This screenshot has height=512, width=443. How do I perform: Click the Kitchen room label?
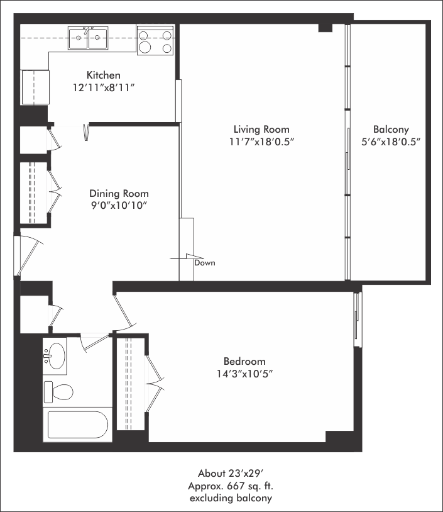[104, 75]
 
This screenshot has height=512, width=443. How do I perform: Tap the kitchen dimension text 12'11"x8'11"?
[104, 88]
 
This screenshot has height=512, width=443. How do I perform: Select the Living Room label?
[261, 130]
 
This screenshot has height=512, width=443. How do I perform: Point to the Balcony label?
[391, 130]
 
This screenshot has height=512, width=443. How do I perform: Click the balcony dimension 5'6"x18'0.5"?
[391, 142]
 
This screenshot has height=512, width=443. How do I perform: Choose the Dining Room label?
[119, 193]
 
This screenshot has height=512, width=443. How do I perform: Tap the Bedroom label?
[244, 361]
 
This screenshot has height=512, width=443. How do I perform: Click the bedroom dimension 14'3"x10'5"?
[244, 374]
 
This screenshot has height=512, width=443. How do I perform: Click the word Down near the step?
[205, 263]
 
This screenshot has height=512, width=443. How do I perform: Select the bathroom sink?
[55, 356]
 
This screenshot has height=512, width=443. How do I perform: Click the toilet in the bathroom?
[58, 392]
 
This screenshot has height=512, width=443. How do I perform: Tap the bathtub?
[78, 425]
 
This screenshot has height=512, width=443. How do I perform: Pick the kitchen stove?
[155, 40]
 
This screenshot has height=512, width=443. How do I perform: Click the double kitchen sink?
[88, 38]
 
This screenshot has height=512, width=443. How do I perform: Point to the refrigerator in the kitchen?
[35, 87]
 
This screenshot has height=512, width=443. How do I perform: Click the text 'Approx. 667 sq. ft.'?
[231, 486]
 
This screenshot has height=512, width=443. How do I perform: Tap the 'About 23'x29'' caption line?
[231, 473]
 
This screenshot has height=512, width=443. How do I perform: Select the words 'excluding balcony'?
[231, 498]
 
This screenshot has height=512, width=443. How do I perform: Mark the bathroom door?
[95, 343]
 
